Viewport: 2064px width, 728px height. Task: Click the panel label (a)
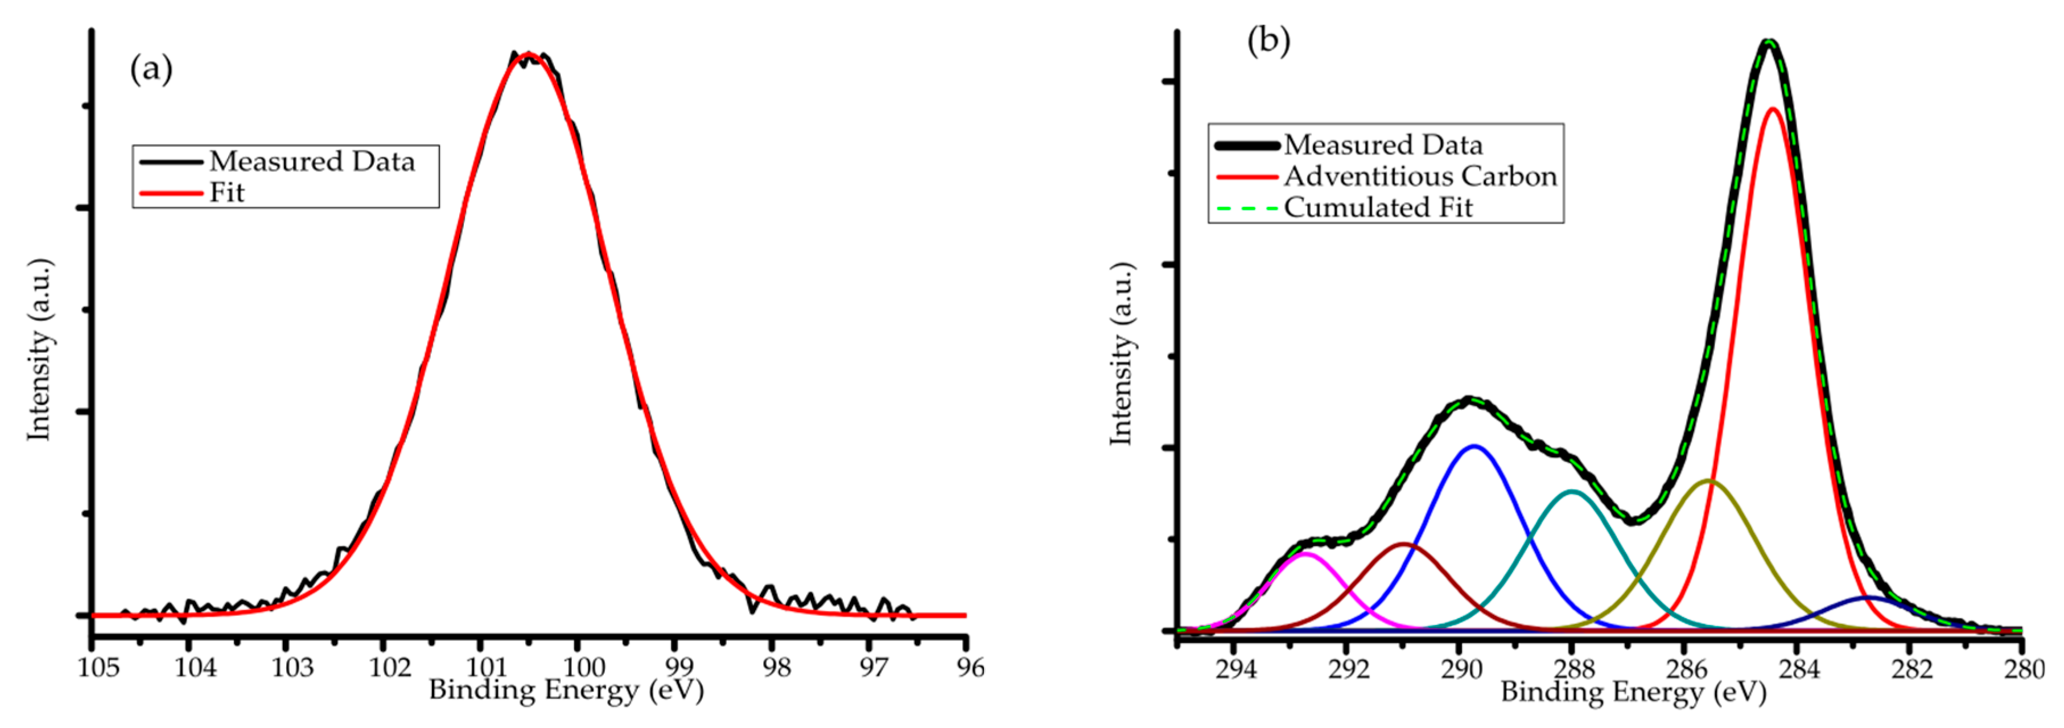[x=151, y=70]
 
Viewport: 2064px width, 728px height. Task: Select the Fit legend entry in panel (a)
[x=226, y=192]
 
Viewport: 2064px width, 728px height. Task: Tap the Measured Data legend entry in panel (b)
[x=1382, y=145]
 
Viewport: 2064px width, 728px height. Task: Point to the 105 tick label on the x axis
[x=98, y=667]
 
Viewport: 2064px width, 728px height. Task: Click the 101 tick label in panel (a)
[x=485, y=667]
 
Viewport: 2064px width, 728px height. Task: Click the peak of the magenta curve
[x=1305, y=553]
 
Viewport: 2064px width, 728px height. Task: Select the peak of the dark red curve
[x=1404, y=544]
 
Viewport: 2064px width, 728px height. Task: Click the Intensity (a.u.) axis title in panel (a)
[x=39, y=349]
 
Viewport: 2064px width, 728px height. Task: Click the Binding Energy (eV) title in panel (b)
[x=1633, y=691]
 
